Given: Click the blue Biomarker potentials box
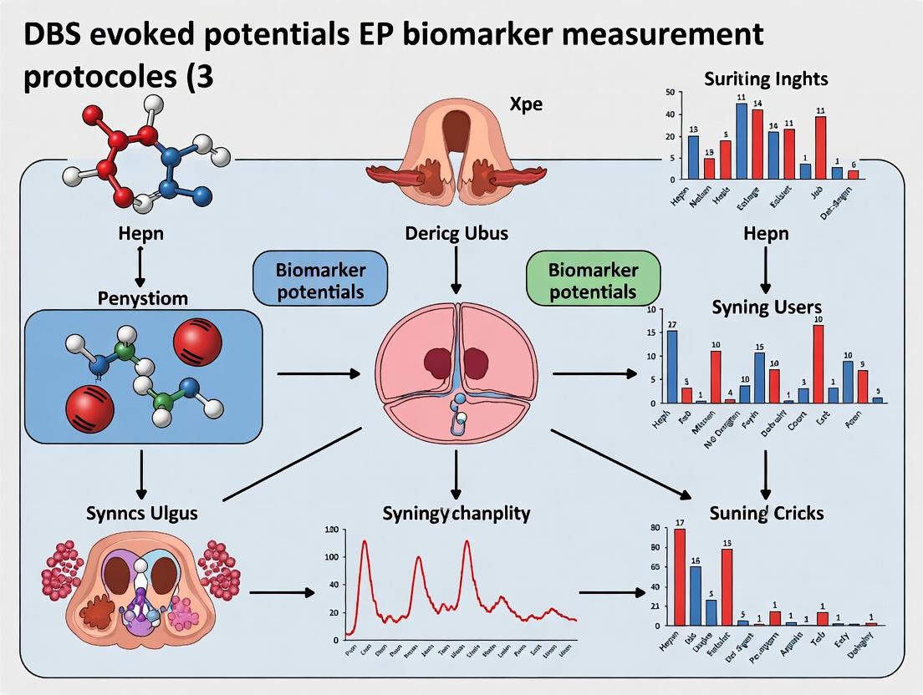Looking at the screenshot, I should [x=320, y=280].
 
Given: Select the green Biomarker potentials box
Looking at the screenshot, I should [x=594, y=280].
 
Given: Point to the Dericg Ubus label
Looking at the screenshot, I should [x=456, y=233].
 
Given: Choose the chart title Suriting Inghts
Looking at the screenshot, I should [x=766, y=79].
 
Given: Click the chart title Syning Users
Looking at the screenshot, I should [x=766, y=307].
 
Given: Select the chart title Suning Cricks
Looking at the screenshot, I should [x=766, y=512].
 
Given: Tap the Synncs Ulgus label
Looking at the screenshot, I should [x=142, y=512].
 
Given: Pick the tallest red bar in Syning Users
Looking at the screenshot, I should [x=818, y=364].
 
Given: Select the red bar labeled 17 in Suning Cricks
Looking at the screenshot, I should [x=680, y=576].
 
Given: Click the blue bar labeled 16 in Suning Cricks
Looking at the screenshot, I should [x=696, y=595].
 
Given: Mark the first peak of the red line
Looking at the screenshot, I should [x=365, y=542].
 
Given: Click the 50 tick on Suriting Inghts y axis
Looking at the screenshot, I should [x=668, y=93].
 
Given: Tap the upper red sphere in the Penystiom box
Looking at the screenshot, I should [x=197, y=340].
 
